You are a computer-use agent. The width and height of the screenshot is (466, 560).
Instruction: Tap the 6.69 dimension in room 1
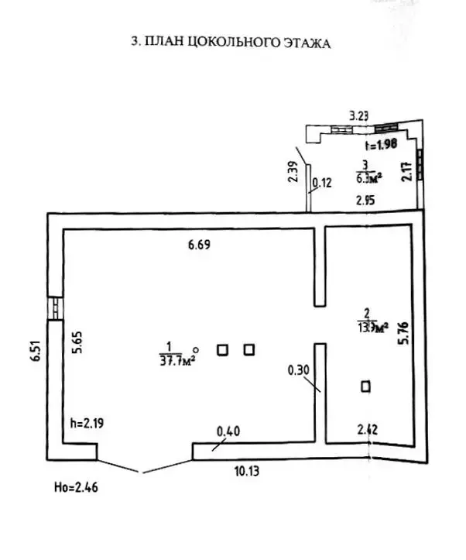[x=200, y=246]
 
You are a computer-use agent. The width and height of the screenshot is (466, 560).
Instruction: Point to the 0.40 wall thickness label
[x=228, y=431]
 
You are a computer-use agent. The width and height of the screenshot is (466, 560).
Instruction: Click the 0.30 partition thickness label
[x=299, y=370]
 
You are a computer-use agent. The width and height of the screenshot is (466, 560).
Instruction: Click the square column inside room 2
[x=365, y=386]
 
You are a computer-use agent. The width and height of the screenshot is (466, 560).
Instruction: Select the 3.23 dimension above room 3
[x=358, y=116]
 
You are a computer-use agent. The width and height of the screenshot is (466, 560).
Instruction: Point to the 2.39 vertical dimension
[x=292, y=170]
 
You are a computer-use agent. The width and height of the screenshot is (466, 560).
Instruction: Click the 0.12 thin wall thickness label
[x=321, y=184]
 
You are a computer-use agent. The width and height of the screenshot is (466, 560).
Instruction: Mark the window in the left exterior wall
[x=54, y=308]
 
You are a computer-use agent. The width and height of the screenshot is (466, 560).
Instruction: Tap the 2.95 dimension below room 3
[x=365, y=201]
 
